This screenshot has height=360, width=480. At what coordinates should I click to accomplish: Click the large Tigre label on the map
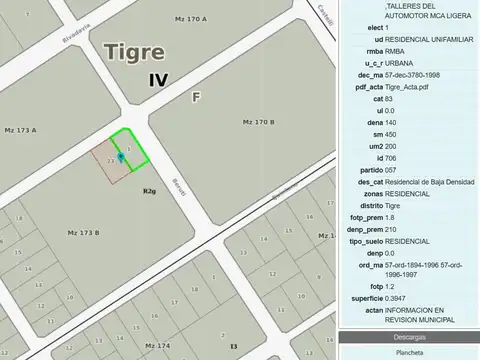click(139, 52)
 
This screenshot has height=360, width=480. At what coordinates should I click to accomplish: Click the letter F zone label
click(196, 97)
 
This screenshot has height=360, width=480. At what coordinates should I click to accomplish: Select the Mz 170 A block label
click(190, 20)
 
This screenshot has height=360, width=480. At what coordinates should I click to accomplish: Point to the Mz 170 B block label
click(258, 122)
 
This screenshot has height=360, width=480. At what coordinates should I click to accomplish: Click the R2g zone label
click(149, 190)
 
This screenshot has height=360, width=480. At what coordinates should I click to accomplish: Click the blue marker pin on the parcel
click(121, 157)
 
